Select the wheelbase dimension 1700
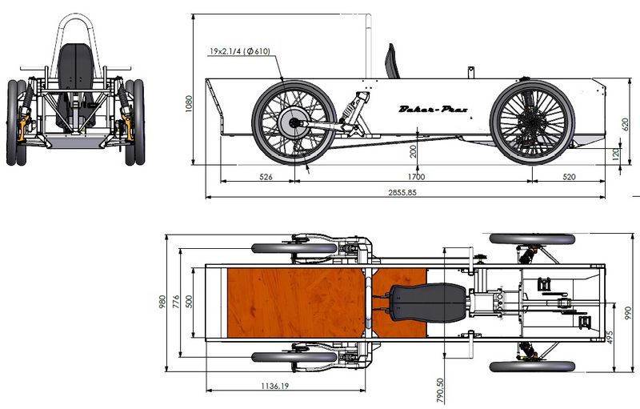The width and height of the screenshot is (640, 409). pos(415,177)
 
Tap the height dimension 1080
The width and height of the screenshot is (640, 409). pos(188,103)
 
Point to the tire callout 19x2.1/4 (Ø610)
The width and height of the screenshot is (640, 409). pos(239,51)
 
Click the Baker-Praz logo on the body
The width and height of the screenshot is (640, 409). pos(432,109)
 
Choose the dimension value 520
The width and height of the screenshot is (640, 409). pos(570,177)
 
